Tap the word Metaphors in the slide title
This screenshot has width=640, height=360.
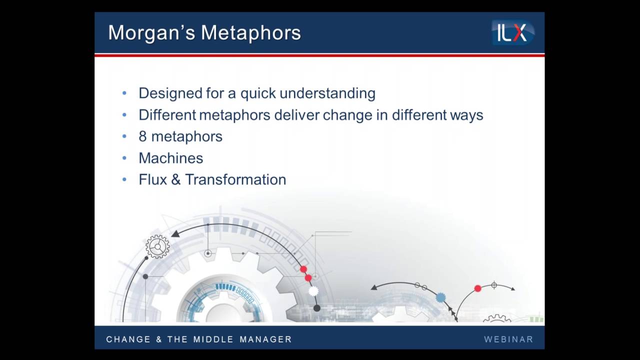251,33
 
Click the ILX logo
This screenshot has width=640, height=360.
513,33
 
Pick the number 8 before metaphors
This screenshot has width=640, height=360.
142,136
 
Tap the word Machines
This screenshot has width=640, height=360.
170,158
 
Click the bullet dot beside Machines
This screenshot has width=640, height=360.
124,158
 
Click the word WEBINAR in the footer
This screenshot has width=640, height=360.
508,339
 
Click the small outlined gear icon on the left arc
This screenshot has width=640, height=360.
157,246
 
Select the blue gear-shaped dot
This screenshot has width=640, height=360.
440,297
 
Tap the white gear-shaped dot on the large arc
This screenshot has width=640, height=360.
313,291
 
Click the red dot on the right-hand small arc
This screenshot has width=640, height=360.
477,288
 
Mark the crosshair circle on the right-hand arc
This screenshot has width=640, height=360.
494,285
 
